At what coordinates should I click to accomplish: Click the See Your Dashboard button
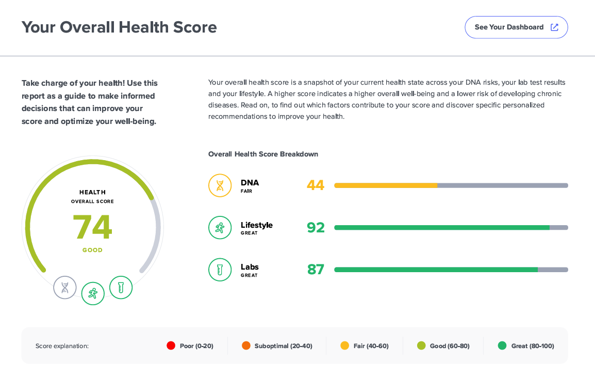click(x=516, y=27)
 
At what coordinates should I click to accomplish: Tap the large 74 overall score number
click(x=92, y=227)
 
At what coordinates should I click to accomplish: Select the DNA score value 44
click(x=316, y=185)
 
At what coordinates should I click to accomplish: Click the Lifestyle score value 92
click(x=316, y=227)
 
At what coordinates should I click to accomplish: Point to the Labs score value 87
click(x=316, y=270)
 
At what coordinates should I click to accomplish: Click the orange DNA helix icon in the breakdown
click(x=220, y=185)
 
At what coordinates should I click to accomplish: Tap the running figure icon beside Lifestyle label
click(x=220, y=228)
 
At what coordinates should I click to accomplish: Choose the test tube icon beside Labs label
click(x=220, y=270)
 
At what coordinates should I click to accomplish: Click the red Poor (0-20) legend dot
click(x=171, y=345)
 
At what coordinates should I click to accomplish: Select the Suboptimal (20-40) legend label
click(x=283, y=346)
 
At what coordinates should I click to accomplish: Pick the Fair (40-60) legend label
click(x=371, y=346)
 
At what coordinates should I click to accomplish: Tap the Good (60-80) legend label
click(x=450, y=346)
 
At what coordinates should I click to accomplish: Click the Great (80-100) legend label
click(x=533, y=346)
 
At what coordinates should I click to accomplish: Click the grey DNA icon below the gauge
click(x=65, y=288)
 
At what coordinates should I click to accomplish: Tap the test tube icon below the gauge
click(x=121, y=288)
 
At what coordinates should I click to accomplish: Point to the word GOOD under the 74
click(x=92, y=250)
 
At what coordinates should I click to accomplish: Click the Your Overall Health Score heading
click(x=119, y=27)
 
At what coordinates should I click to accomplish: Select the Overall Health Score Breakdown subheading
click(x=263, y=154)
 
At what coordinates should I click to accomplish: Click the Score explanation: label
click(x=62, y=346)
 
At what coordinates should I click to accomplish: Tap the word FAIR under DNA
click(x=246, y=191)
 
